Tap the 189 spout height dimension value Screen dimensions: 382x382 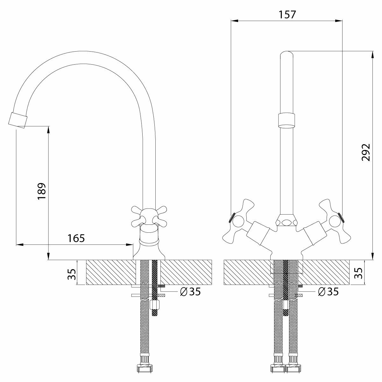[42, 191]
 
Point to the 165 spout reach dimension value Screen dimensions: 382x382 [76, 238]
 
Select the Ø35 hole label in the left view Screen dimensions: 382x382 [190, 292]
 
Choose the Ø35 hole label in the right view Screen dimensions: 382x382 [328, 291]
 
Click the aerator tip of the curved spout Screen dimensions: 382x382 [18, 120]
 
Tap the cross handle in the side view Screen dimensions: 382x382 [149, 217]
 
